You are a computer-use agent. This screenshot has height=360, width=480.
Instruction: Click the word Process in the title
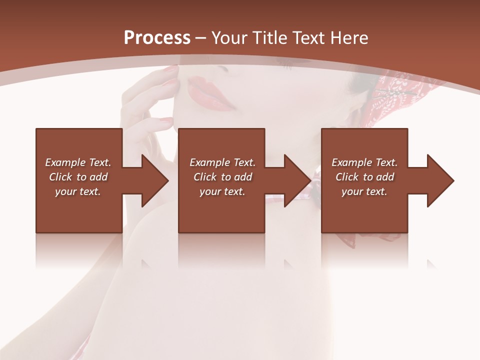click(x=157, y=37)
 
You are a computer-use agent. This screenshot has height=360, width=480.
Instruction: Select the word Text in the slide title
click(x=308, y=37)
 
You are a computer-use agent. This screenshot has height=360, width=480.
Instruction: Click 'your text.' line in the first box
click(x=78, y=191)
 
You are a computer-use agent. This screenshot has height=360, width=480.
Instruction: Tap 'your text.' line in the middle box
click(x=222, y=191)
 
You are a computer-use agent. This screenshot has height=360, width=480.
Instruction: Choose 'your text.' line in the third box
click(x=364, y=191)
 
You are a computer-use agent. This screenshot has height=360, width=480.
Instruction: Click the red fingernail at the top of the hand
click(x=171, y=69)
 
